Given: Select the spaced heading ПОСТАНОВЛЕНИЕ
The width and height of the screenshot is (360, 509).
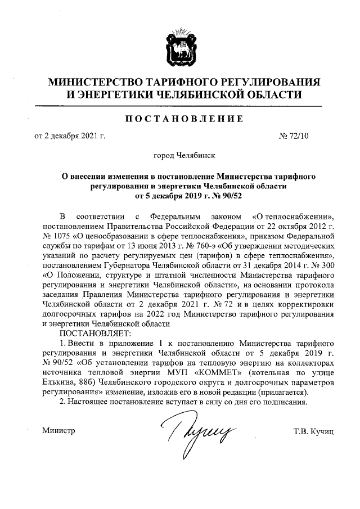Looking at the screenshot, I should (x=180, y=119).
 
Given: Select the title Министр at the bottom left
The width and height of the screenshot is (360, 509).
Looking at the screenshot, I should (x=59, y=431).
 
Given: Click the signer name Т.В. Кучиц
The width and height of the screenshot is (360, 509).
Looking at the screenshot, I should (x=314, y=431).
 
